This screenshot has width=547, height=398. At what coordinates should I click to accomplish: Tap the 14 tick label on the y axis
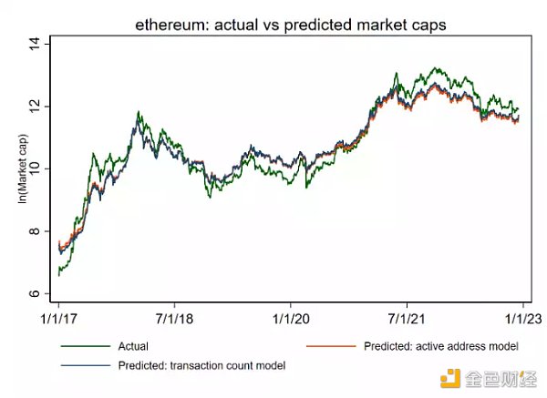[36, 44]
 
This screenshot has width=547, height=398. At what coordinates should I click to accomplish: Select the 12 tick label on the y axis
[36, 107]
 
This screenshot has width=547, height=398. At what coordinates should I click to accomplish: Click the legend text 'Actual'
[133, 347]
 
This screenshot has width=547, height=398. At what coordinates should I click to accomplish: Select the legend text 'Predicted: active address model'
[441, 347]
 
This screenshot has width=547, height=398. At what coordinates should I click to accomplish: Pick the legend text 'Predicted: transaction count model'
[201, 365]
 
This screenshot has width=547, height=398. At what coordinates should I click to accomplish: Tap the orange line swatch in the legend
[330, 347]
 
